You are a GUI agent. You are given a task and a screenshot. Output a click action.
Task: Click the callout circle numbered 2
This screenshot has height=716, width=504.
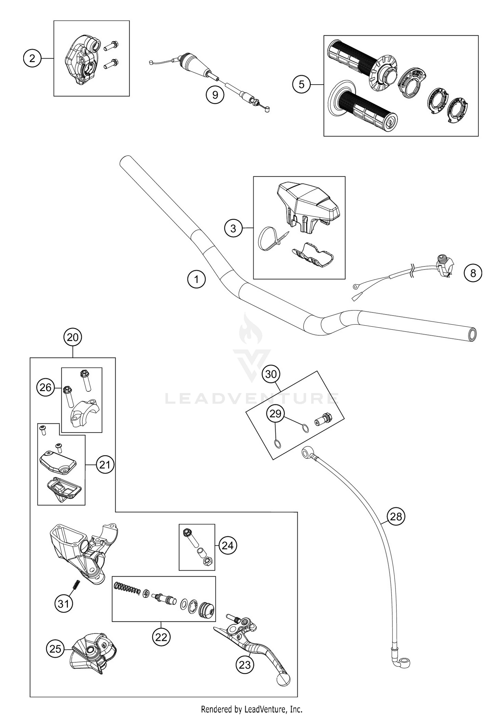[x=32, y=59]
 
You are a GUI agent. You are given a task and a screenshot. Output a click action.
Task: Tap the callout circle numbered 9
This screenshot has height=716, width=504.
[x=215, y=95]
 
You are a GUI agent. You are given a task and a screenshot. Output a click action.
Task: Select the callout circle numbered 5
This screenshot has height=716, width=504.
[x=301, y=84]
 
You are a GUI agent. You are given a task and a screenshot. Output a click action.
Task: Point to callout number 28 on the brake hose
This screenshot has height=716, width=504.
[x=396, y=516]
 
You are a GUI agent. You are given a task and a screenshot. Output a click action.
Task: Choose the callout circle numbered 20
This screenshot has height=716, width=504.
[x=73, y=337]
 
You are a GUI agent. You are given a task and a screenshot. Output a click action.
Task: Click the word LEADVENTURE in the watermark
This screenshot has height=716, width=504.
[x=252, y=399]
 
